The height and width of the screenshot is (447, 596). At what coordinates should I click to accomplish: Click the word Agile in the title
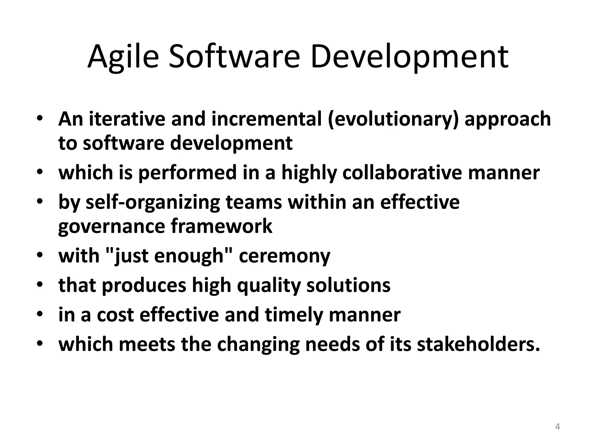coord(123,57)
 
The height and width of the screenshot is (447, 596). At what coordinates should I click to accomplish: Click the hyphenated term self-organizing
coord(152,203)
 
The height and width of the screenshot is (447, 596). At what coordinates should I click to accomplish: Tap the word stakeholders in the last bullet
coord(478,344)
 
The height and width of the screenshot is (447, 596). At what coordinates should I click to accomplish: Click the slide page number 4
coord(557,427)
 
